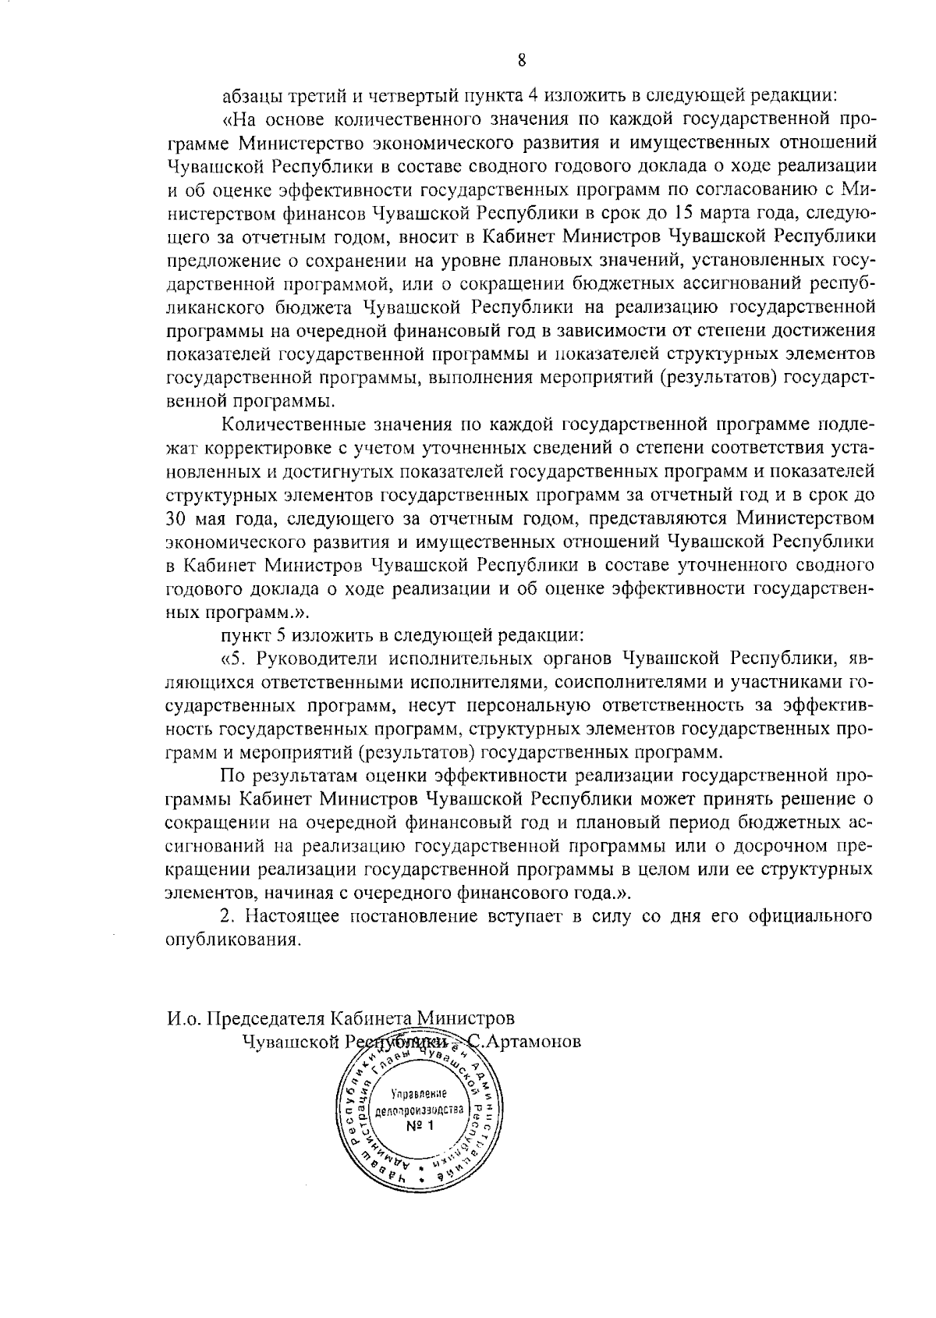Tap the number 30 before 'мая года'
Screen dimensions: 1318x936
[x=177, y=518]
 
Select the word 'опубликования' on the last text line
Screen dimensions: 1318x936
[x=233, y=940]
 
